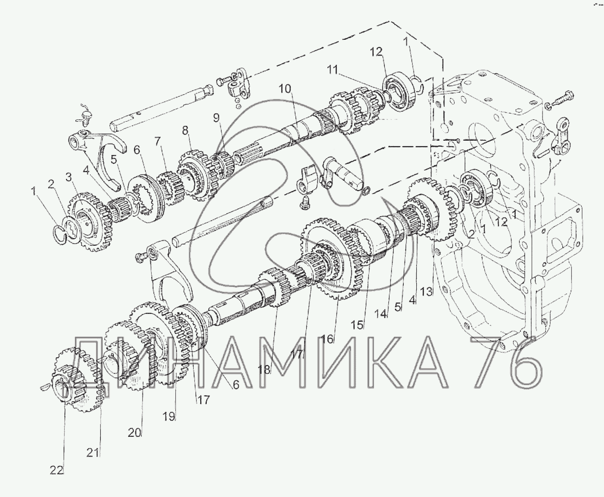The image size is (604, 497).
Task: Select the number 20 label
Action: point(135,433)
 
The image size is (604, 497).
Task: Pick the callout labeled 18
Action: point(264,370)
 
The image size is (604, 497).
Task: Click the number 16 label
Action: point(327,339)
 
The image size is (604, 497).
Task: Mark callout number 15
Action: point(357,325)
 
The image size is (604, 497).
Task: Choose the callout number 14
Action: point(382,314)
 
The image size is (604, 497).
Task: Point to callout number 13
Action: point(426,292)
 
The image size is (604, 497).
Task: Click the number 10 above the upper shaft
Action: point(285,89)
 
